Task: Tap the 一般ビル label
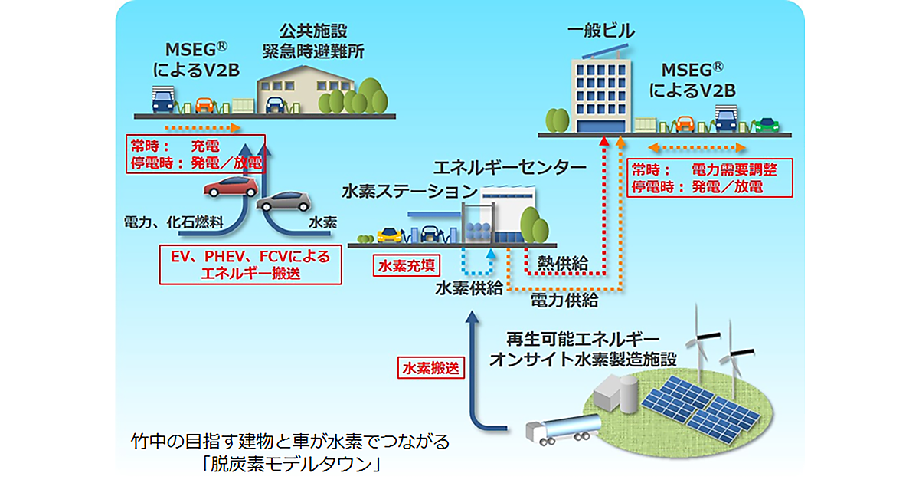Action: pos(601,32)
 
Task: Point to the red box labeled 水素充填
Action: pos(407,265)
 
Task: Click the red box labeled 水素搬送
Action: pos(432,367)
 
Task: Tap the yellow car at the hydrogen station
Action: pos(389,232)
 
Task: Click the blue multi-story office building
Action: pos(603,96)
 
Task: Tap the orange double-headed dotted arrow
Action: pos(695,146)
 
